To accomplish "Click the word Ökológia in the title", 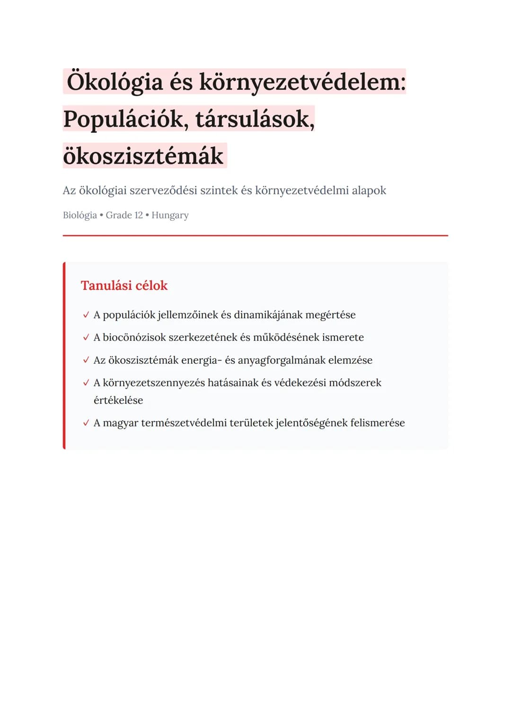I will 115,82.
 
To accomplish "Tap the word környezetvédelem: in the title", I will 302,82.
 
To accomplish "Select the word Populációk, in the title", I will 125,119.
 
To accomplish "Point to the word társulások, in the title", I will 255,119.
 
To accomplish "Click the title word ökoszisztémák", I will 143,156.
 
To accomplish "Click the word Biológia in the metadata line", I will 79,215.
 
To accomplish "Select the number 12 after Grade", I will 138,215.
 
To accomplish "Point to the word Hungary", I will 170,215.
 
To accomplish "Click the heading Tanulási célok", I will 124,286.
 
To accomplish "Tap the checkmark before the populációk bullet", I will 86,315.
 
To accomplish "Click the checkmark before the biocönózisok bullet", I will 86,338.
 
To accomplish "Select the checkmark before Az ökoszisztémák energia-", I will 86,360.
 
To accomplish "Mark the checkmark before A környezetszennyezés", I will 86,383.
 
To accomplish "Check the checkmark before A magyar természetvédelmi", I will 86,423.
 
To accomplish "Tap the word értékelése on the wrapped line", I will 118,400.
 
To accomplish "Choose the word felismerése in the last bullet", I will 378,423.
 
